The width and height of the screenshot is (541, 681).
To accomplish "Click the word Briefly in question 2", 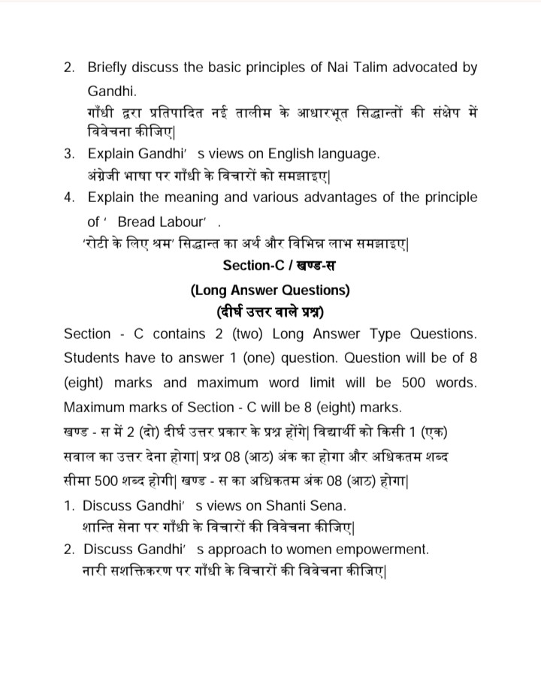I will (110, 68).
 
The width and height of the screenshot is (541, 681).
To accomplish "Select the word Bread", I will (136, 221).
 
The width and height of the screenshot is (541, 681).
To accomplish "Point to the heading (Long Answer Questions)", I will (270, 289).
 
